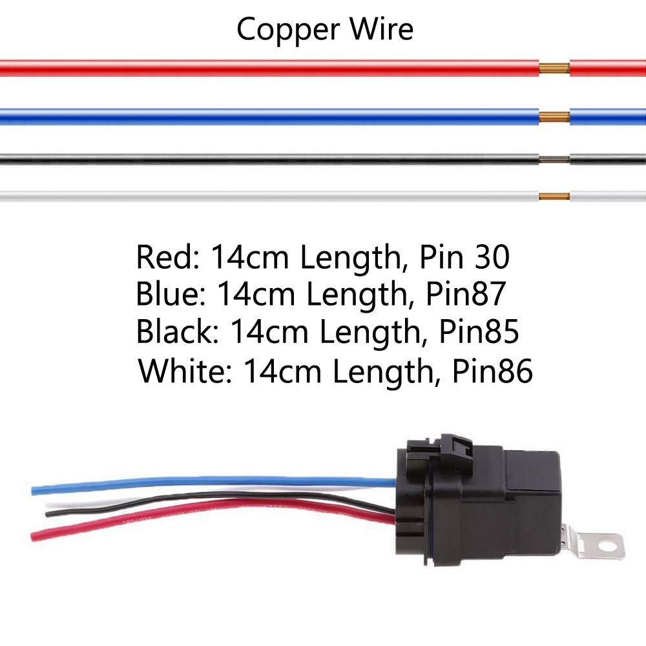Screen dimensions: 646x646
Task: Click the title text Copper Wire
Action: coord(324,29)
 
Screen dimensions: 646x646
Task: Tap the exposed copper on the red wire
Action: coord(554,68)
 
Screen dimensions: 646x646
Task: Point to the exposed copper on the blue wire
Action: coord(554,117)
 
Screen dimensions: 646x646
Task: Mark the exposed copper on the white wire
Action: coord(554,196)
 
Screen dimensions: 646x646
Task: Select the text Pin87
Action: coord(464,295)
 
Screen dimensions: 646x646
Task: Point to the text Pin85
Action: coord(479,333)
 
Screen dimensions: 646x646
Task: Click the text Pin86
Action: coord(493,371)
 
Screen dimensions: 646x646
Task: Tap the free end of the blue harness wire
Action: coord(34,491)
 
